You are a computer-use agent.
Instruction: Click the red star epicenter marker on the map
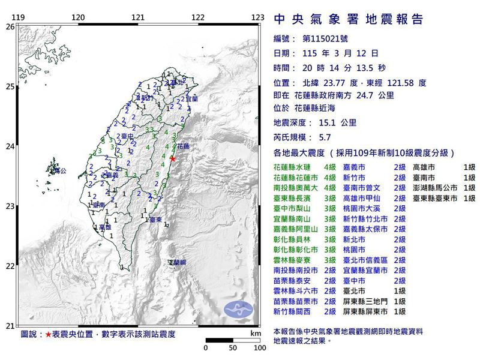[173, 159]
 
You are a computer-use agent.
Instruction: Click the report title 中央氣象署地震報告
[348, 19]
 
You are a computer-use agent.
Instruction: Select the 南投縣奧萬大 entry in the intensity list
[295, 187]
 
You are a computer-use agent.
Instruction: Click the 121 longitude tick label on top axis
[138, 17]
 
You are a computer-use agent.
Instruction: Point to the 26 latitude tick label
[10, 27]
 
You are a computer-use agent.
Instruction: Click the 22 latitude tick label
[10, 266]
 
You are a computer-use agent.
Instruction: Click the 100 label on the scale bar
[259, 347]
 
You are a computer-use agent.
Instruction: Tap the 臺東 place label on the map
[155, 221]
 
